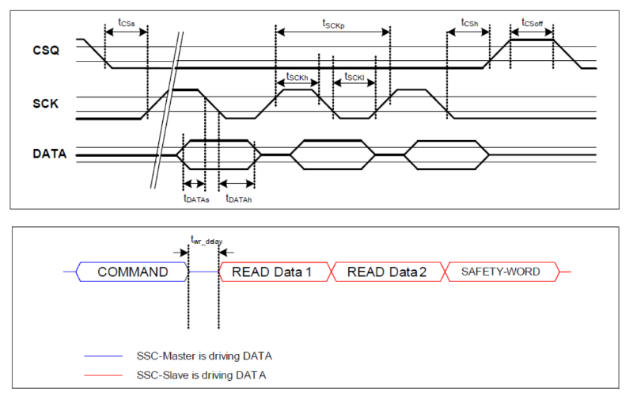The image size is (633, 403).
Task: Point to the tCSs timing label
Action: [125, 21]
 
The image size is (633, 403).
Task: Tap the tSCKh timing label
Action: [297, 77]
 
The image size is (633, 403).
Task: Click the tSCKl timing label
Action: [354, 77]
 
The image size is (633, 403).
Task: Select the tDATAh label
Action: [238, 199]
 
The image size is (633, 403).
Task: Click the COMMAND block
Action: [133, 272]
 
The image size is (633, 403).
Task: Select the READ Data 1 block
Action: [271, 272]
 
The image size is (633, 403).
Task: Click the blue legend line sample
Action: [104, 357]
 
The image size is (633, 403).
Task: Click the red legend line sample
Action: [104, 374]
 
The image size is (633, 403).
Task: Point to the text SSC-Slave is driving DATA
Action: [201, 374]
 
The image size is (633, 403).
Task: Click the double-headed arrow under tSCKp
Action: [333, 32]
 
